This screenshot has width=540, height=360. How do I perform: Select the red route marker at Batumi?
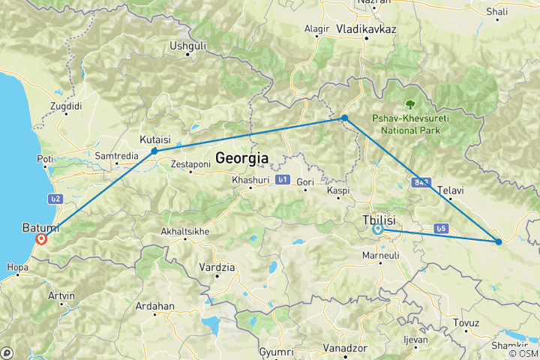coord(42,240)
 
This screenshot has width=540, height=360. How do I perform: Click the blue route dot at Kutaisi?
coord(154,151)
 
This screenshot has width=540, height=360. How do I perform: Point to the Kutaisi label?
coord(156,139)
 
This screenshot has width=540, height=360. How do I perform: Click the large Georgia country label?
coord(242,158)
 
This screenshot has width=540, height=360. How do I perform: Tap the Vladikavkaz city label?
coord(367,28)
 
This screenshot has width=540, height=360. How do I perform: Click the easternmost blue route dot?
coord(499,241)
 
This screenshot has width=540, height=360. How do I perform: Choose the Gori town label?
coord(304,182)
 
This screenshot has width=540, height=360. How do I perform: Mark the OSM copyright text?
coord(523,353)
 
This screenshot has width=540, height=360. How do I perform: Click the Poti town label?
coord(45,159)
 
